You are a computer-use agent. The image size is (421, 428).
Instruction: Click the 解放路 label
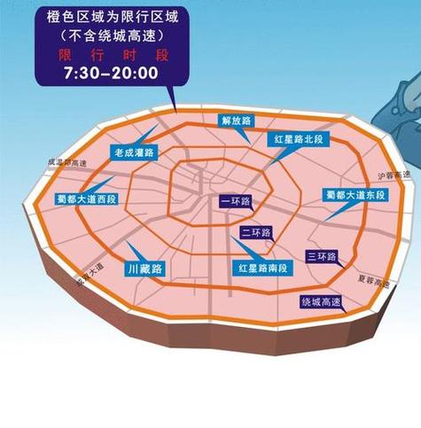[x=237, y=120]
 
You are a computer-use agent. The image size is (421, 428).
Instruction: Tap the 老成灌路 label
[x=133, y=152]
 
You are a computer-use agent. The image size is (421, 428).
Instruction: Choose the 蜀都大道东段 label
[x=353, y=194]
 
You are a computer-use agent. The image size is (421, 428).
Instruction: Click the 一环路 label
[x=235, y=202]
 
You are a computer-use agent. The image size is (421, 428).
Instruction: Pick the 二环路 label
[x=255, y=233]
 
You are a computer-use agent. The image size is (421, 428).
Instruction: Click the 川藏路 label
[x=144, y=267]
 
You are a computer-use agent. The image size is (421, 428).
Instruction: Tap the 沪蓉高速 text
[x=394, y=176]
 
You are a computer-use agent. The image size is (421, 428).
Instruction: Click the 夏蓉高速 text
[x=374, y=281]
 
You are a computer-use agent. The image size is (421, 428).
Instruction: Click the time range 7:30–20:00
[x=110, y=72]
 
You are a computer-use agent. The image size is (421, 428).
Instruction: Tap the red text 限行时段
[x=110, y=54]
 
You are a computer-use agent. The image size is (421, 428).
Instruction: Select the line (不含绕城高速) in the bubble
[x=110, y=37]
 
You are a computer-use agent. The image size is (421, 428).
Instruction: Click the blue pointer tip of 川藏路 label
[x=127, y=243]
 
